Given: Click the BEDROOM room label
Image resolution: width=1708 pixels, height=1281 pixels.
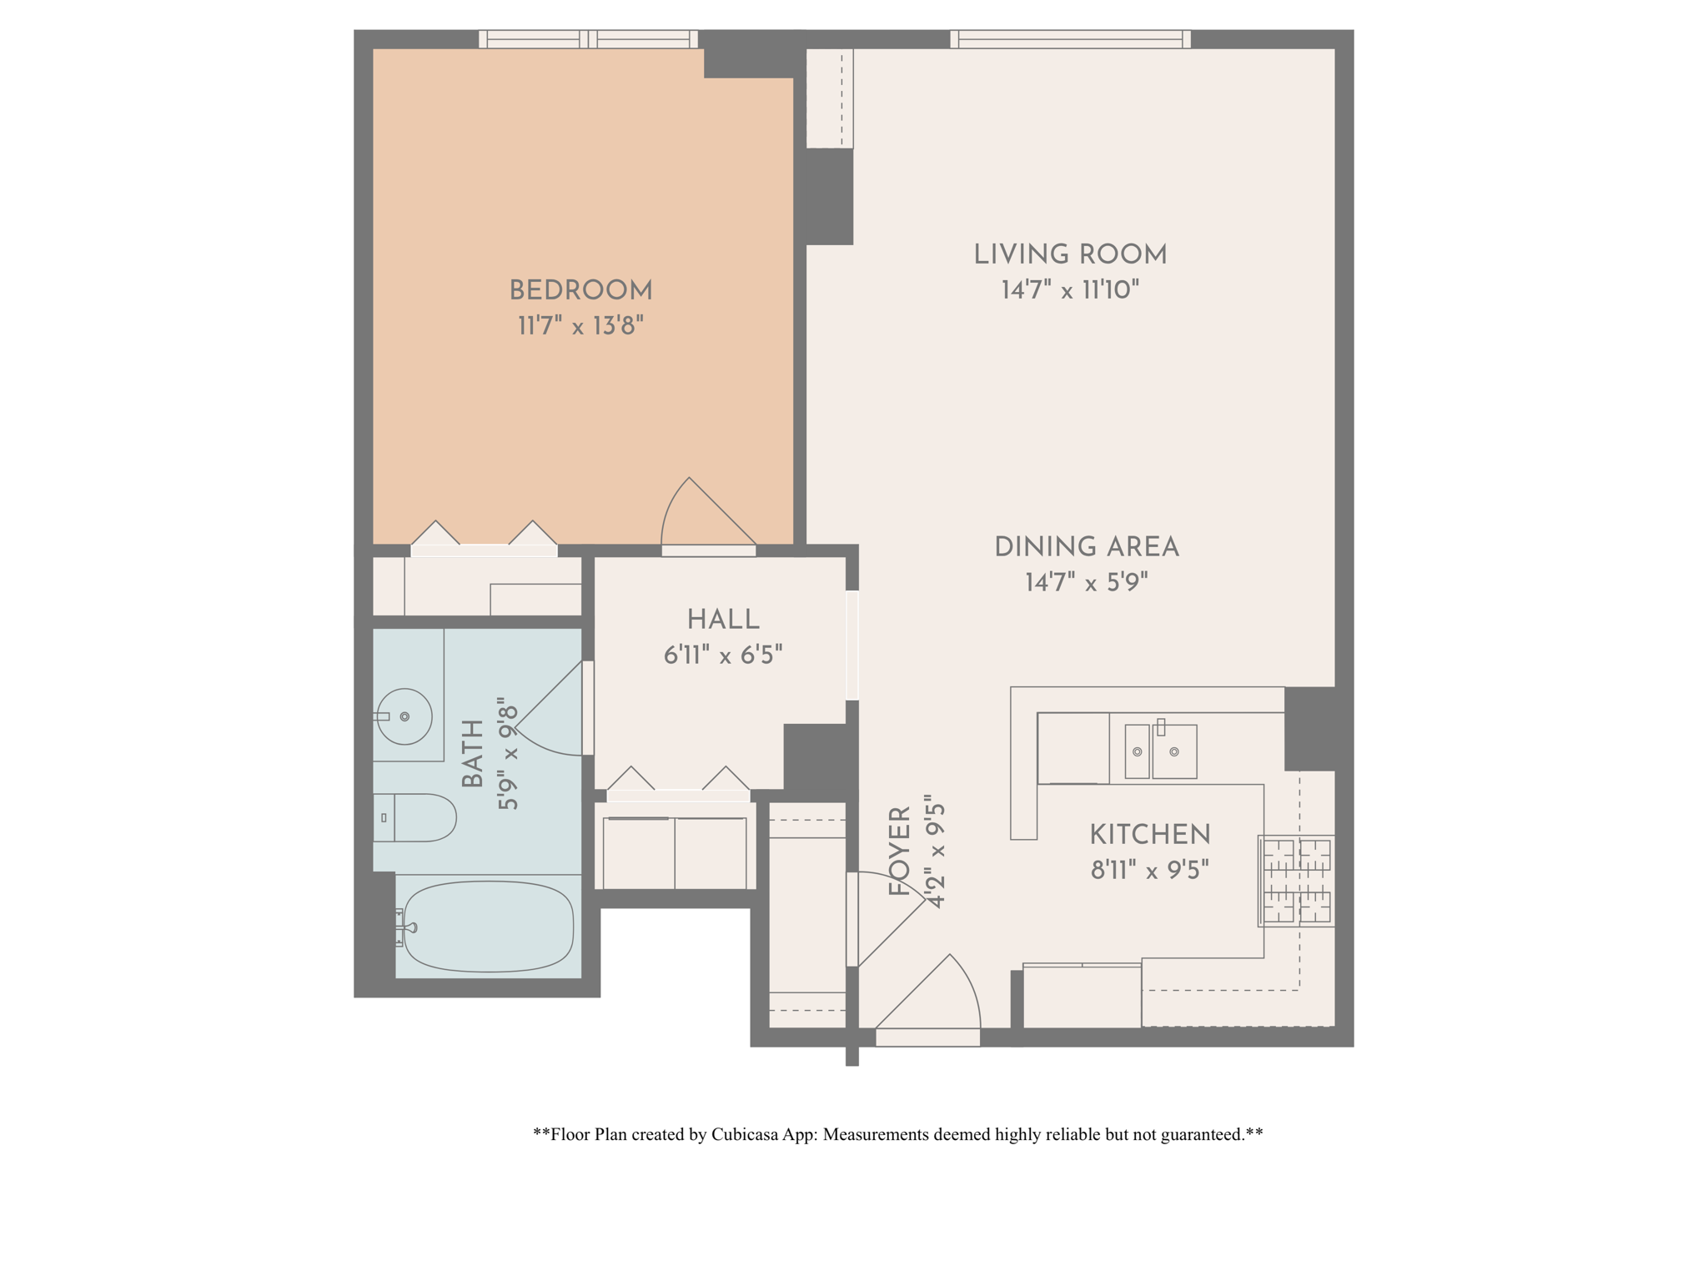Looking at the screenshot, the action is click(580, 291).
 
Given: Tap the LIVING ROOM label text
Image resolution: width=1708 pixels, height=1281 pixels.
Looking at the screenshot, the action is click(1070, 254).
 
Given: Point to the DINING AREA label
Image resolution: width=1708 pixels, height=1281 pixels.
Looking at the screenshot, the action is click(1086, 547).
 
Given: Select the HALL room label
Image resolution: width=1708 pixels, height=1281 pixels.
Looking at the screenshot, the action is click(723, 620).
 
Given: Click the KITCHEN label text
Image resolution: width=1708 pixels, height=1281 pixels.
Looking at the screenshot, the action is click(1149, 835).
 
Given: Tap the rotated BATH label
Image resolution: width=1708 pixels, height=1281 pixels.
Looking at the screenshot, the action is click(473, 754).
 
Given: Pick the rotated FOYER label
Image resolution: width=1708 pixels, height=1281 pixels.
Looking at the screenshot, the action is click(900, 851).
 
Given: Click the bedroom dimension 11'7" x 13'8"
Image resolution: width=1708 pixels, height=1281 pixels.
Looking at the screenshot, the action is click(580, 325).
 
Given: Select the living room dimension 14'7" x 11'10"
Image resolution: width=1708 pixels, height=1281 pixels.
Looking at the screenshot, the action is click(1070, 289).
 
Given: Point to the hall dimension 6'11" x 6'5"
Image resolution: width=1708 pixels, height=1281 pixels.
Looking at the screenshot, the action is click(723, 656).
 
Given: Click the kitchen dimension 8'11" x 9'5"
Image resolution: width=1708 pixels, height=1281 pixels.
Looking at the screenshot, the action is click(1149, 871).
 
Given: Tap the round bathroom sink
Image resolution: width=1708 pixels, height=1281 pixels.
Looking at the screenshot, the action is click(404, 716).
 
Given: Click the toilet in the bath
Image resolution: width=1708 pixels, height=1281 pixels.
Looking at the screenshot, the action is click(414, 817).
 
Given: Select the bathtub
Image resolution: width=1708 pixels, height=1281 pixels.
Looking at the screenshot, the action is click(488, 927).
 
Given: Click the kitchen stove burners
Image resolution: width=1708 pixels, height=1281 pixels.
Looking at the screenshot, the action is click(1296, 881).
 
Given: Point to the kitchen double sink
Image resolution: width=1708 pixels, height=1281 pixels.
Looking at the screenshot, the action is click(1161, 751).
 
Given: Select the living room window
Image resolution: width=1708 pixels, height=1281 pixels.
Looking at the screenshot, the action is click(1070, 39).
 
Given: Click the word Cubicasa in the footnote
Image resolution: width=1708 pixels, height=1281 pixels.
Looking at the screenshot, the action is click(745, 1134).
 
